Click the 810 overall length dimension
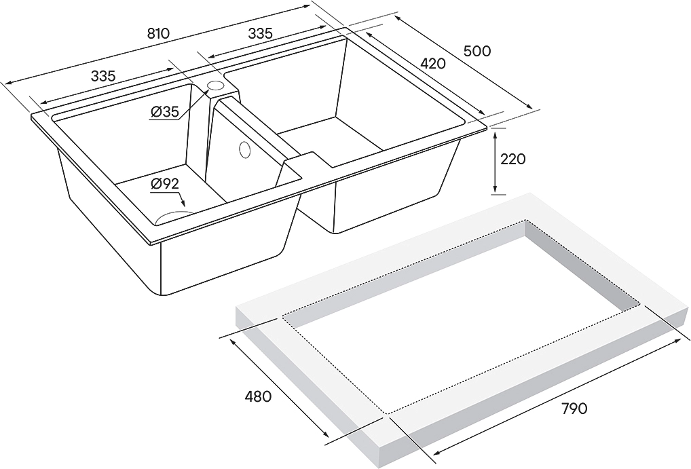pos(157,33)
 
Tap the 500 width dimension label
pos(477,51)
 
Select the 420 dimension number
pos(433,64)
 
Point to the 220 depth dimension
pos(513,159)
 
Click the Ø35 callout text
pos(164,113)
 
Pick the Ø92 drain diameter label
pos(164,184)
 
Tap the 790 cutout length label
pos(574,409)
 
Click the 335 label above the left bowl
pos(103,76)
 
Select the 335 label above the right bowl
pos(261,33)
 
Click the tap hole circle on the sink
pos(216,85)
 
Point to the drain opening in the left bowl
pos(175,217)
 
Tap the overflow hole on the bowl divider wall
pos(244,150)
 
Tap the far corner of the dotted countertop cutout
pos(525,221)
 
